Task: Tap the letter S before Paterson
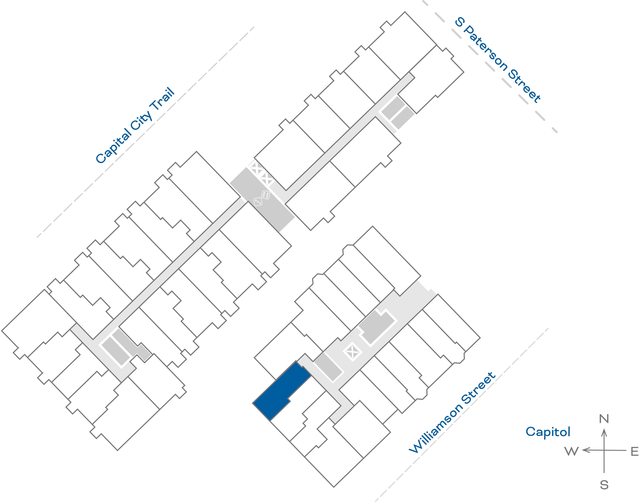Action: pos(460,22)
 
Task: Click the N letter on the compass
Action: pos(604,419)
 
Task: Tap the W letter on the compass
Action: pos(571,451)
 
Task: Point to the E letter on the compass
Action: pos(635,451)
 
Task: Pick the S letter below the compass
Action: pos(604,485)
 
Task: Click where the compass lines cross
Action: pos(604,450)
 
